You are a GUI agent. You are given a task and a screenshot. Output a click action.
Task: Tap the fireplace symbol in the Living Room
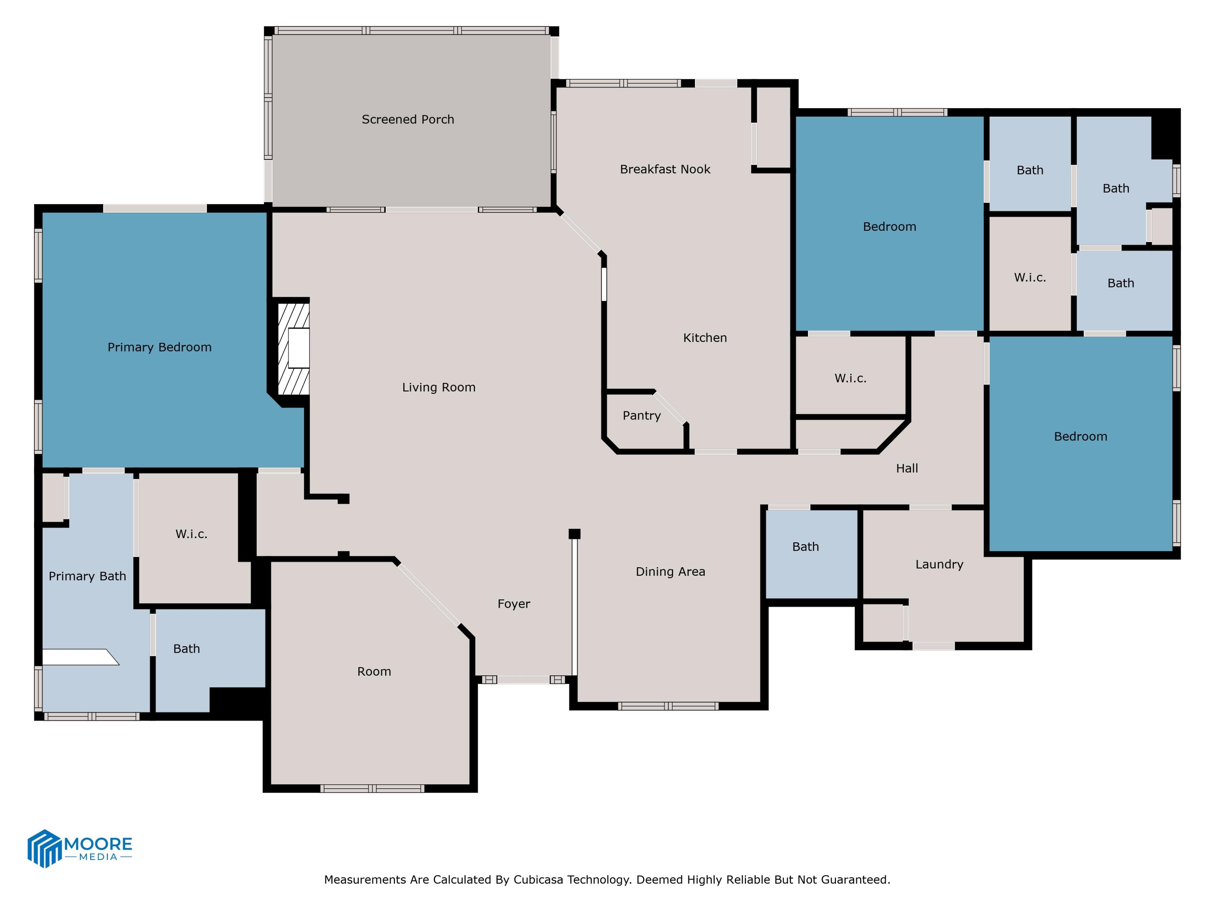pyautogui.click(x=294, y=348)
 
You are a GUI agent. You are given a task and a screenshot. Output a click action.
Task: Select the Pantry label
pyautogui.click(x=641, y=416)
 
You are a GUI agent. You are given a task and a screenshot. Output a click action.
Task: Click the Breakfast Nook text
pyautogui.click(x=665, y=169)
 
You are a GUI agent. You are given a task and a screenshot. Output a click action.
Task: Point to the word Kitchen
pyautogui.click(x=705, y=338)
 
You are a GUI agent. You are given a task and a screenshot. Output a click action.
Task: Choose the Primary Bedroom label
pyautogui.click(x=159, y=347)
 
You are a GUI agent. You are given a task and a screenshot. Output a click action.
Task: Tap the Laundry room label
pyautogui.click(x=939, y=564)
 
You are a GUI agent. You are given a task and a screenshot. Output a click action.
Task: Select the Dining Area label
pyautogui.click(x=670, y=572)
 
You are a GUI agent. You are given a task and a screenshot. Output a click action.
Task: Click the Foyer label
pyautogui.click(x=514, y=604)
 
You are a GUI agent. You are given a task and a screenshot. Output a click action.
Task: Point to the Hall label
pyautogui.click(x=907, y=468)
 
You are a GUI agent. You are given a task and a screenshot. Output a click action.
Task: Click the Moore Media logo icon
pyautogui.click(x=44, y=848)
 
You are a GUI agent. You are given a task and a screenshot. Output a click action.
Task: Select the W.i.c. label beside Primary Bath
pyautogui.click(x=191, y=534)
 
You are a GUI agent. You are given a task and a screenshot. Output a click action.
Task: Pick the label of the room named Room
pyautogui.click(x=374, y=672)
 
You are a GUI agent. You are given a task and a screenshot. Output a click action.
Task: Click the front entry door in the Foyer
pyautogui.click(x=523, y=680)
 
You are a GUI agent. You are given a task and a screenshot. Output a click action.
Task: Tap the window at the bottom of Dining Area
pyautogui.click(x=668, y=706)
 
